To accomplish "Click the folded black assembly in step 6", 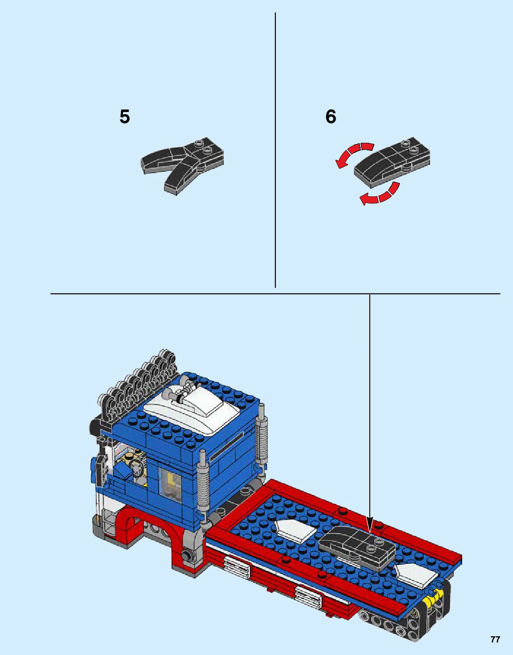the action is [391, 163].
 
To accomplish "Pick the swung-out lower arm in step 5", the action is [181, 176].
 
